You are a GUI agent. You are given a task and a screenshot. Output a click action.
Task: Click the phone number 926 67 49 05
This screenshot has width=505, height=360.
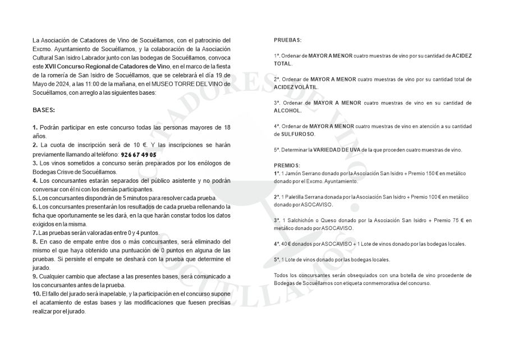coord(139,154)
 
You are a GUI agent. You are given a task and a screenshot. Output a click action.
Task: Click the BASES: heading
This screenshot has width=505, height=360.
coord(44,111)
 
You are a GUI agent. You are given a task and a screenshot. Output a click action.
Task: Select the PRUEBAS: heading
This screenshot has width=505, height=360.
coord(288,40)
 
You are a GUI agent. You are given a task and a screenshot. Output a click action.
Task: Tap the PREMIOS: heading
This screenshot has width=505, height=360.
coord(287,165)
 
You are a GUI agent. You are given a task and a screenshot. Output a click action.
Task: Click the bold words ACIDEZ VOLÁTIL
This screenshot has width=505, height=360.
coord(296,87)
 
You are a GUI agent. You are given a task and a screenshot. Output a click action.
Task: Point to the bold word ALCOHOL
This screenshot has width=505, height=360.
coord(288,111)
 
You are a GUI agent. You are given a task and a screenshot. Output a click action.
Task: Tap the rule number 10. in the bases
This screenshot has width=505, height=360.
coord(37,294)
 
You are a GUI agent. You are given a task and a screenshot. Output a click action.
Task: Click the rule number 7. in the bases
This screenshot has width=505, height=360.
coord(35,232)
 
